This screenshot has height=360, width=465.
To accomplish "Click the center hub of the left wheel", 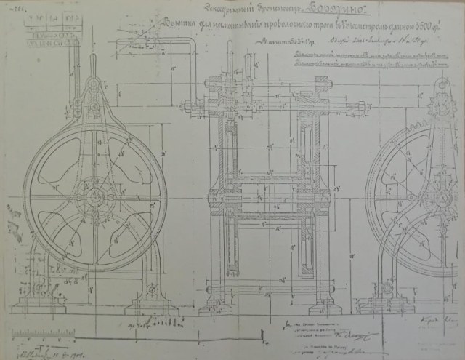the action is tap(94, 197).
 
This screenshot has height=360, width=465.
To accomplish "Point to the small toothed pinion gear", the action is tap(442, 108).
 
